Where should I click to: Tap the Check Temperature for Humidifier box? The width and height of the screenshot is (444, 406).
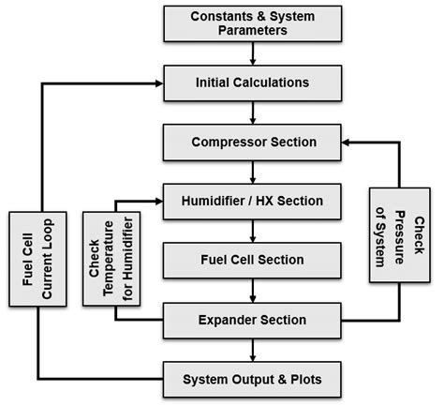114,259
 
